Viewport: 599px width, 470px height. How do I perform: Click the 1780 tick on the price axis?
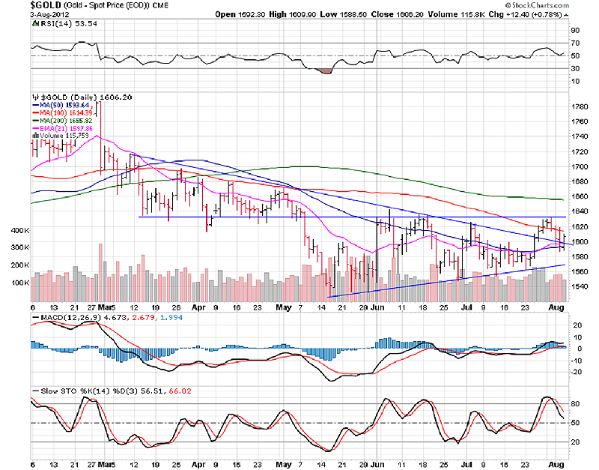[579, 107]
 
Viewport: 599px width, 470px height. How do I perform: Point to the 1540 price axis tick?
[579, 286]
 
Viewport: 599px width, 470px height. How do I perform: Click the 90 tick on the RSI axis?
[574, 31]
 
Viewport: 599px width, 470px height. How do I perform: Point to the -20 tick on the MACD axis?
[575, 372]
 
